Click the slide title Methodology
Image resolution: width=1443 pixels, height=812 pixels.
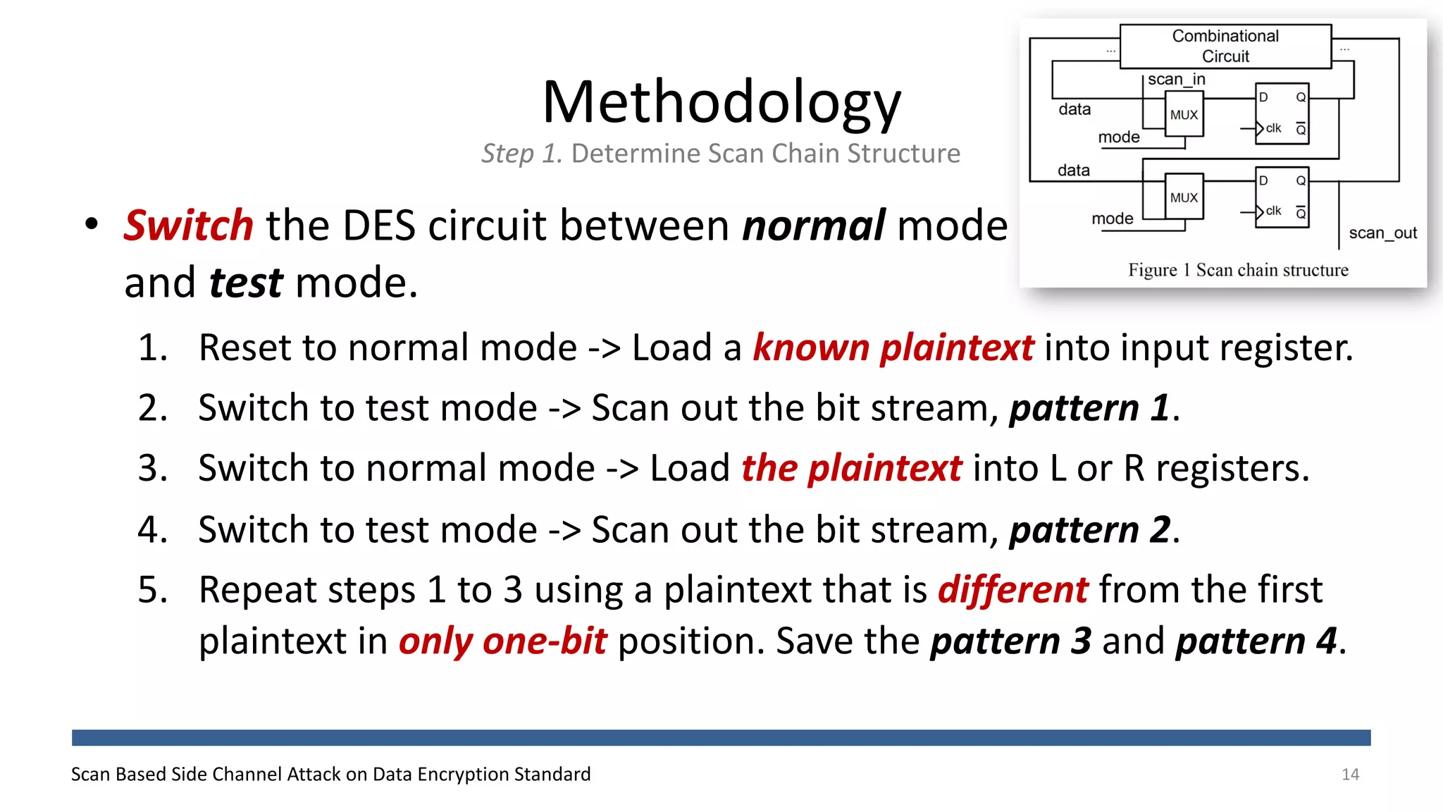(x=721, y=102)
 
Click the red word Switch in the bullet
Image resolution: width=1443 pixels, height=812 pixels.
(x=188, y=226)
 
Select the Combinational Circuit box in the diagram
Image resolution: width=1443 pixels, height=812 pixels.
(x=1225, y=46)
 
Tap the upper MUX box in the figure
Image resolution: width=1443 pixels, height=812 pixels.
(x=1184, y=115)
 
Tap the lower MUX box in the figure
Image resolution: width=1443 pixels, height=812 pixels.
(x=1184, y=197)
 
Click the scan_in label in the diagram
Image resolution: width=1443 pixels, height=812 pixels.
(x=1176, y=79)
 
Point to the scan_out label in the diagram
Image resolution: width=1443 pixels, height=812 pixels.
(x=1382, y=233)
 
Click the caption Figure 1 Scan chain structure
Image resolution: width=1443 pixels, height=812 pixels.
(x=1238, y=270)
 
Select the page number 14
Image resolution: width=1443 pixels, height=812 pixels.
(x=1350, y=774)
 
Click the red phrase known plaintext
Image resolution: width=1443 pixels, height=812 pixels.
(x=893, y=347)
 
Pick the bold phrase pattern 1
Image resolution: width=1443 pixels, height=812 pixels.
(x=1090, y=408)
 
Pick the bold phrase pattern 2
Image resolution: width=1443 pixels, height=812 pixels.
(x=1090, y=529)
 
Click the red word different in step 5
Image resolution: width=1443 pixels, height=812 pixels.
(x=1012, y=589)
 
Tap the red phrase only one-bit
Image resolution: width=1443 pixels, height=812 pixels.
(x=502, y=641)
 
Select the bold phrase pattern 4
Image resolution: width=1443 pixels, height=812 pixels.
(x=1256, y=641)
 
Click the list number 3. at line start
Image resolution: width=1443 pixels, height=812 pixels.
(x=153, y=468)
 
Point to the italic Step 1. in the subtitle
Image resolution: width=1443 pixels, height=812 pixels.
(x=521, y=153)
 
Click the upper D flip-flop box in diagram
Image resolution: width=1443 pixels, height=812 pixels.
(x=1282, y=113)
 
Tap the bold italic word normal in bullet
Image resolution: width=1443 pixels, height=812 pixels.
(x=813, y=226)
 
